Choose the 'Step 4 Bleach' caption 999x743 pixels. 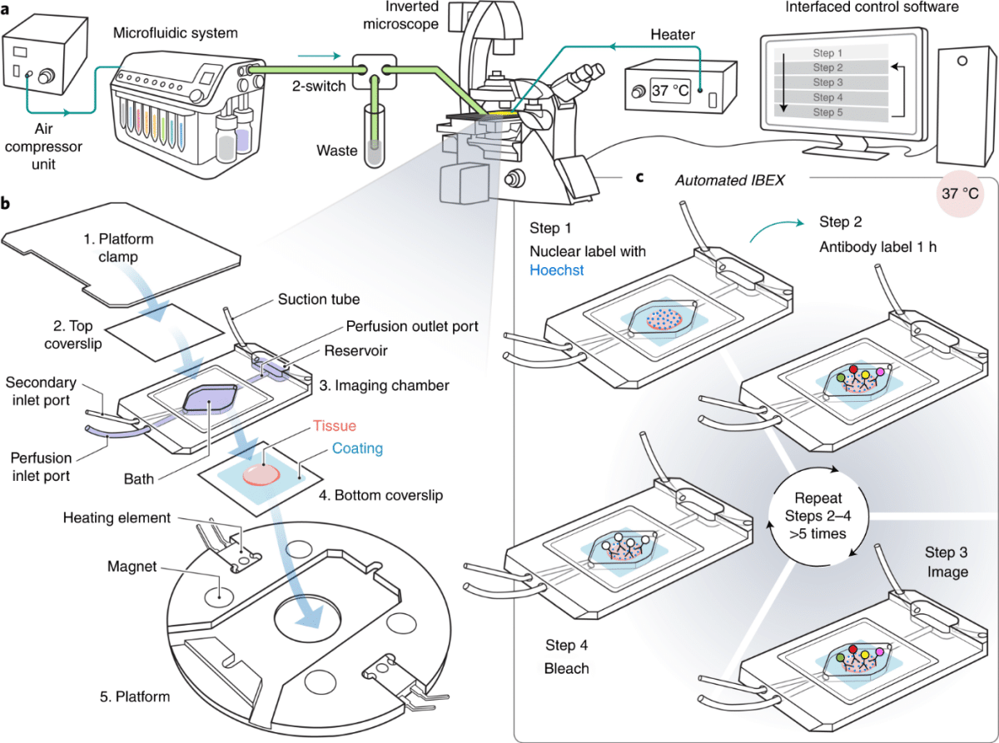pyautogui.click(x=567, y=656)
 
